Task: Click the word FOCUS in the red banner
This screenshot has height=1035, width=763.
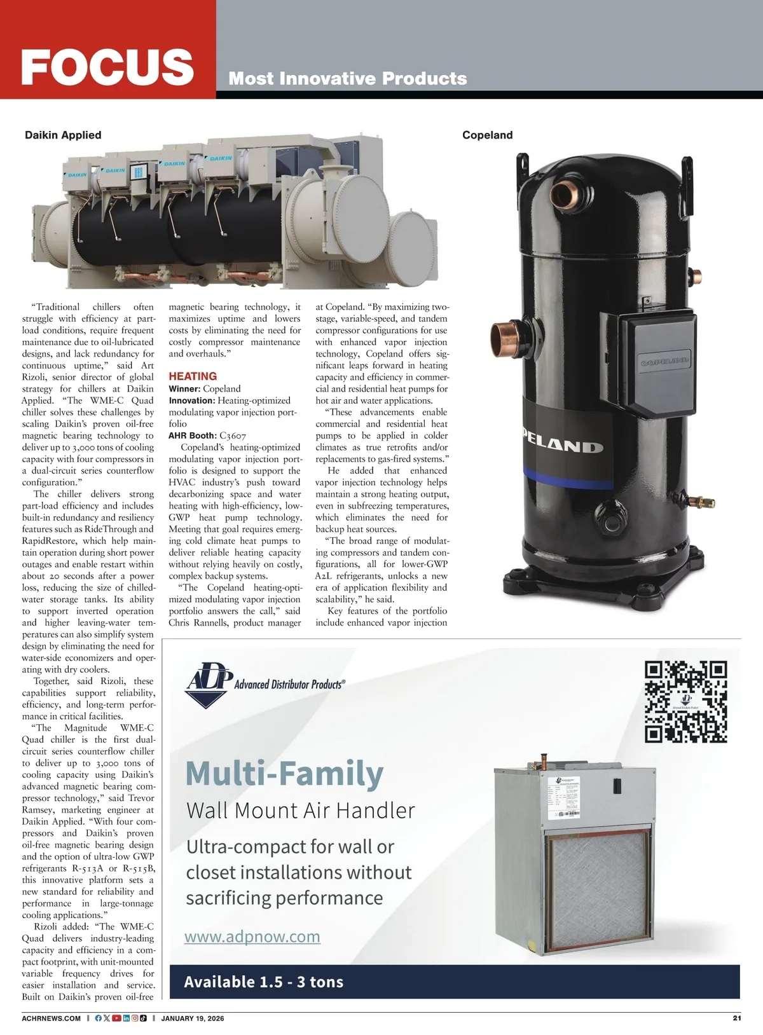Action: click(x=107, y=66)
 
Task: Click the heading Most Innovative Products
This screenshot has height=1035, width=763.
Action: click(x=348, y=78)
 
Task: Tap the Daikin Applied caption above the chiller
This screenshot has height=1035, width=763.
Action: click(x=63, y=135)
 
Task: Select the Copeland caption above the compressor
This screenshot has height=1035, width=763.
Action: click(x=487, y=135)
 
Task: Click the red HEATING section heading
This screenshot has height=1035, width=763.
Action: click(x=193, y=376)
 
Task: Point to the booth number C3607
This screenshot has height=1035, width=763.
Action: click(x=232, y=435)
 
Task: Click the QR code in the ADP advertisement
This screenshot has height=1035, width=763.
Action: click(x=685, y=702)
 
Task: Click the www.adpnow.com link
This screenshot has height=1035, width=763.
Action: click(x=252, y=936)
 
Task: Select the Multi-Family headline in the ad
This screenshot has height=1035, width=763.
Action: click(x=285, y=773)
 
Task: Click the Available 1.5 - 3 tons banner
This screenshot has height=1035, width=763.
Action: click(x=263, y=982)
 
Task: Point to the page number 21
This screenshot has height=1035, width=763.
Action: click(x=737, y=1018)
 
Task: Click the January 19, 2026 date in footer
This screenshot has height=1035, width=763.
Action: click(x=193, y=1018)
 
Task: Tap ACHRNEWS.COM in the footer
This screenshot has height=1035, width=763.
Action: click(x=52, y=1018)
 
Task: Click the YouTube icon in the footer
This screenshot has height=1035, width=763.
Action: click(x=116, y=1018)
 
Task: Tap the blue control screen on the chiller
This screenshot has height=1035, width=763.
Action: click(x=139, y=172)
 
